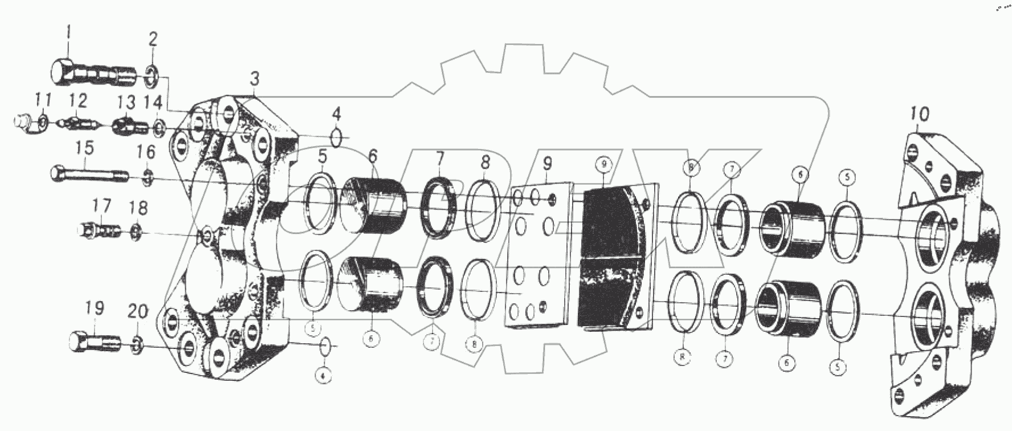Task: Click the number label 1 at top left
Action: [68, 32]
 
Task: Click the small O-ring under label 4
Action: [336, 137]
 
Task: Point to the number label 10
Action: [919, 114]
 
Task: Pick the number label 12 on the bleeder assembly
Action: [78, 101]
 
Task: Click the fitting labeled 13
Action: [125, 127]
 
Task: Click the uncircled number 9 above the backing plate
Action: [546, 164]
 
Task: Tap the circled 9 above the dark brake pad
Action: [604, 164]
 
